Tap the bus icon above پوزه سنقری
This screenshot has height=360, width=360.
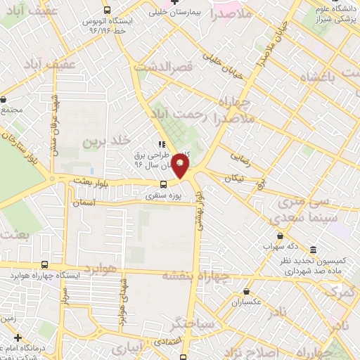pyautogui.click(x=163, y=185)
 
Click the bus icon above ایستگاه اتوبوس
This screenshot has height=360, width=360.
pyautogui.click(x=107, y=11)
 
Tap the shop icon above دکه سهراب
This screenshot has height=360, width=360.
pyautogui.click(x=281, y=236)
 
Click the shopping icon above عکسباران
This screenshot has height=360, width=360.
pyautogui.click(x=246, y=290)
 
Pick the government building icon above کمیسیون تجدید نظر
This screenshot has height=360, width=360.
pyautogui.click(x=313, y=250)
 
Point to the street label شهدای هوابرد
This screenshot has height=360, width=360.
pyautogui.click(x=124, y=302)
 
